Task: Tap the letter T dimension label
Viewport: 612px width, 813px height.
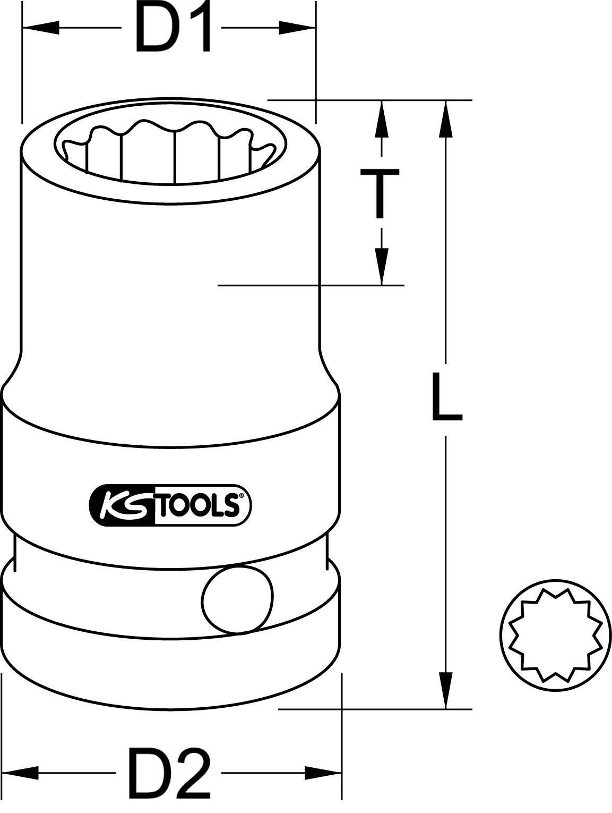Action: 380,193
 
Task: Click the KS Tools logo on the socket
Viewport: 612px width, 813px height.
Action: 169,505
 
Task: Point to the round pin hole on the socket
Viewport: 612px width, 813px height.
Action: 238,600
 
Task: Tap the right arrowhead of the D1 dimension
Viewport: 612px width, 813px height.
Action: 297,28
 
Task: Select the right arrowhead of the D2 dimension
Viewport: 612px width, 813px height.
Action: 322,770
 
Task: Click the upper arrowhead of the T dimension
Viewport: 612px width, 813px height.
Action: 380,120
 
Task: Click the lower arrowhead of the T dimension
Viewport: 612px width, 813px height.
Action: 380,266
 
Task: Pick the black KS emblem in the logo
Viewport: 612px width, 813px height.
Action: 121,505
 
